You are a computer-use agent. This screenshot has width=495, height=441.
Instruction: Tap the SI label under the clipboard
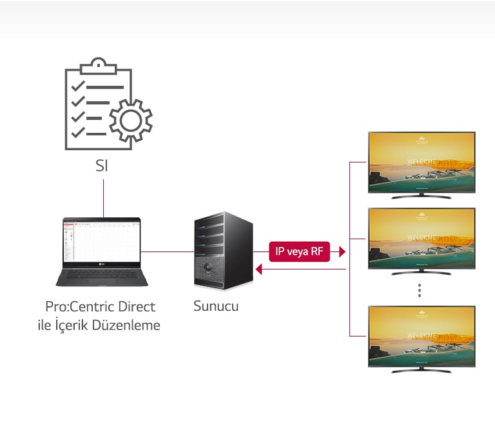[x=102, y=166]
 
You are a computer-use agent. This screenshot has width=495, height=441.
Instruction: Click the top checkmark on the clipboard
[x=79, y=86]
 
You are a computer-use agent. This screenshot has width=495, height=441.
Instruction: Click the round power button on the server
[x=209, y=266]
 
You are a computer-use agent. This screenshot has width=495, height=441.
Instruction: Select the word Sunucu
[x=216, y=306]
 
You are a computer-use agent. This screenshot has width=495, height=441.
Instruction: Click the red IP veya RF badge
[x=299, y=251]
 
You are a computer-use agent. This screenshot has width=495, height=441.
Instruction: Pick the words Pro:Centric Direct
[x=101, y=306]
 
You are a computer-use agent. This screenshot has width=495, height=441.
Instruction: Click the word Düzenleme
[x=126, y=325]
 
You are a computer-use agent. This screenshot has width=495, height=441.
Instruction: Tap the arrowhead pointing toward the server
[x=259, y=270]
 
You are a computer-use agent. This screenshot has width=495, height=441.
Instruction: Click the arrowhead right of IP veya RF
[x=342, y=251]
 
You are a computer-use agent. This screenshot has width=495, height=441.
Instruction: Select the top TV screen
[x=422, y=161]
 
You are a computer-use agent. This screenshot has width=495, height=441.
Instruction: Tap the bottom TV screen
[x=422, y=336]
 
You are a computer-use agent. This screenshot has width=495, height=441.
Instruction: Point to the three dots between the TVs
[x=419, y=290]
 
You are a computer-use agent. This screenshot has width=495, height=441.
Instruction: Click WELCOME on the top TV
[x=422, y=162]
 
